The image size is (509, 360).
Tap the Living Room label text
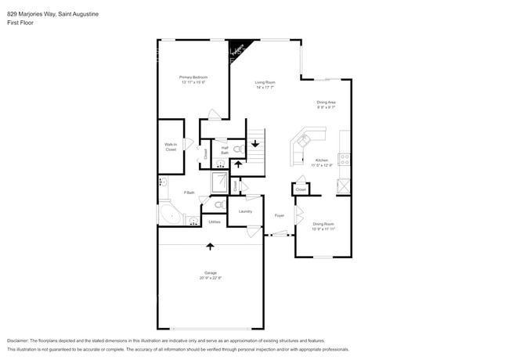point(265,82)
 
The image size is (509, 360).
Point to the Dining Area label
point(326,103)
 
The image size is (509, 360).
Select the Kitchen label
point(321,160)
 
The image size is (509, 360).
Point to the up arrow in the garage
point(210,247)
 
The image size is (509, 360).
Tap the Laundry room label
point(244,211)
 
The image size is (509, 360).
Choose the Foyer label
point(279,215)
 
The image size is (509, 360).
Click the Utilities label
point(214,221)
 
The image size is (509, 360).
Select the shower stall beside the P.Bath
point(219,182)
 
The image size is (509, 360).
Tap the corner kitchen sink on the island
point(301,140)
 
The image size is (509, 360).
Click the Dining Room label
point(323,227)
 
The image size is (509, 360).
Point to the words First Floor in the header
point(20,23)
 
